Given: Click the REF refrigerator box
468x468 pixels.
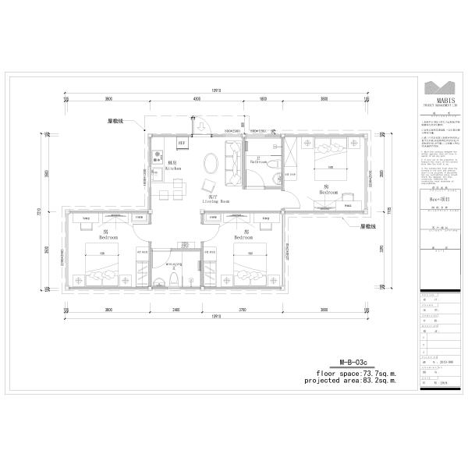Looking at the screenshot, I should coord(182,144).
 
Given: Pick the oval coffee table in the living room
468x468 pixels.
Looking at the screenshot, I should coord(211,163).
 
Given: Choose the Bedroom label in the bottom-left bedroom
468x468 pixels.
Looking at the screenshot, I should coord(108,236).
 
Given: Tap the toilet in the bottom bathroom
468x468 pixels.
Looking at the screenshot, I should coord(175,279).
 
